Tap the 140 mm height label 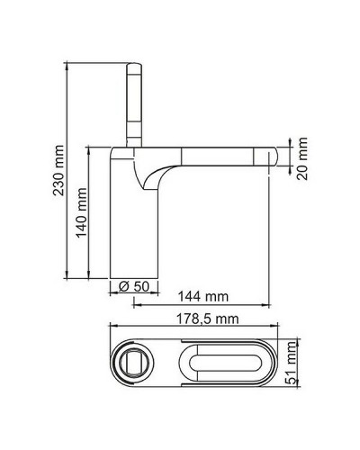tap(82, 211)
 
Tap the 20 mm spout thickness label tap(302, 159)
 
